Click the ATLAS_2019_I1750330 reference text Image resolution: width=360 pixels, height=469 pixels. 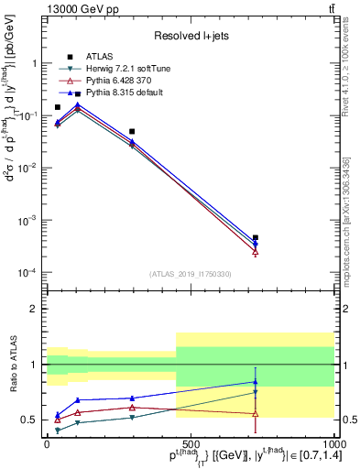click(191, 274)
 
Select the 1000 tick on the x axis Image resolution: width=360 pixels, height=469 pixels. click(333, 442)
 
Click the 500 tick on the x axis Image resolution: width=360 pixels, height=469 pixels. click(191, 442)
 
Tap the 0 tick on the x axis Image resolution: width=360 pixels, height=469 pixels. click(47, 442)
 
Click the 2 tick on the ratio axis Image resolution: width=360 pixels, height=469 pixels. click(35, 309)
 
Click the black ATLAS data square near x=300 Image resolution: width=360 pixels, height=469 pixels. click(133, 132)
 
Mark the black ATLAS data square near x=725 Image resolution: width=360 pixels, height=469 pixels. click(256, 238)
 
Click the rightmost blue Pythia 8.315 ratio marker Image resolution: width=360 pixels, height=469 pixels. click(256, 382)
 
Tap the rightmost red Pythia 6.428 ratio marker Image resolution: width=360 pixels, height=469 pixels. click(256, 413)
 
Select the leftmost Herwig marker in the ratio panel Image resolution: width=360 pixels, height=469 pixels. click(58, 430)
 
